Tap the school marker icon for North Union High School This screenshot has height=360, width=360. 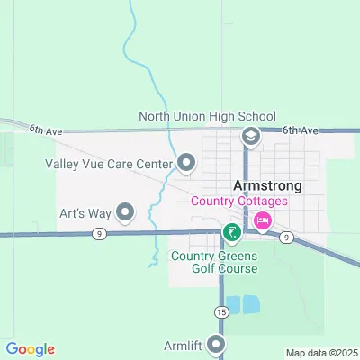(x=251, y=136)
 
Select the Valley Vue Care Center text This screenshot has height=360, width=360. (x=109, y=164)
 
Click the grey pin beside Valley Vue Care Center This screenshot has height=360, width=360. (x=186, y=163)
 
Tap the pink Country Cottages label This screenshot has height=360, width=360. (x=239, y=201)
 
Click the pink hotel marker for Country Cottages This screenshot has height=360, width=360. (x=263, y=220)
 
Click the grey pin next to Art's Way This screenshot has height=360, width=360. (x=125, y=212)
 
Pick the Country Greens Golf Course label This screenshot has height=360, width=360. (x=214, y=262)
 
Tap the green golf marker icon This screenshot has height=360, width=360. (x=231, y=234)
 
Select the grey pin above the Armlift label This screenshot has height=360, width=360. (x=216, y=344)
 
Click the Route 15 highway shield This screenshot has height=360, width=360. (x=220, y=310)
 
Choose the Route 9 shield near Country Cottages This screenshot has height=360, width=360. (x=285, y=237)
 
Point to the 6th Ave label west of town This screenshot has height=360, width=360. (x=44, y=131)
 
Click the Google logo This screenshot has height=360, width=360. (x=30, y=349)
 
